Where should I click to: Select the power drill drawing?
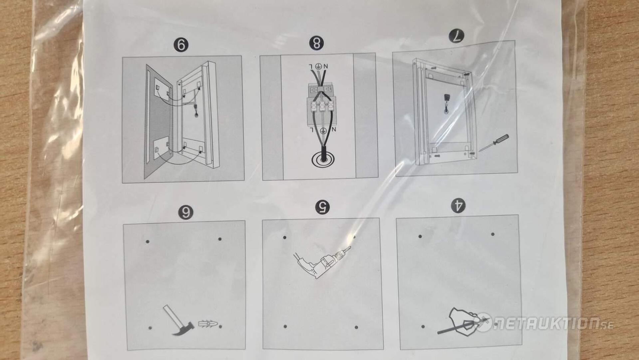[x=321, y=262]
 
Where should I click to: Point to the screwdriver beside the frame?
[x=494, y=143]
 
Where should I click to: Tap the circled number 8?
[x=316, y=43]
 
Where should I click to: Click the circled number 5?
[x=322, y=207]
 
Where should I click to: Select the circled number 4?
[x=458, y=205]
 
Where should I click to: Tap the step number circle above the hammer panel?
[x=185, y=212]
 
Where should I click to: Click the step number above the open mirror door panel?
[x=181, y=45]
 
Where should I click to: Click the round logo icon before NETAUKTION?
[x=483, y=322]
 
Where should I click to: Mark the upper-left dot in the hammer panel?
[x=147, y=241]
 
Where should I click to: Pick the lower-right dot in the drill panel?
[x=356, y=327]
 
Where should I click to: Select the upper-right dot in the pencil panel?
[x=493, y=234]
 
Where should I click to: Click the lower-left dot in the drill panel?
[x=285, y=326]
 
